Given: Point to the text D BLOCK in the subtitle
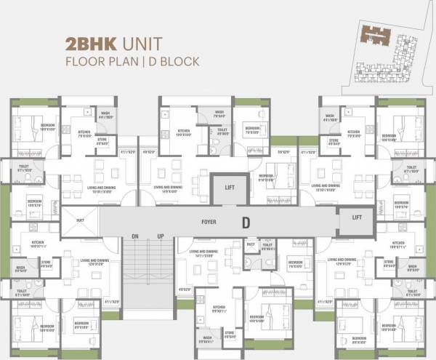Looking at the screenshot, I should [173, 62].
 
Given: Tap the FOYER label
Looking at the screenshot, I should [211, 220].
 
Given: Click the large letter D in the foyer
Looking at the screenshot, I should [246, 221].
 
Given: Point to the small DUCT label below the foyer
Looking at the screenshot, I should [251, 245].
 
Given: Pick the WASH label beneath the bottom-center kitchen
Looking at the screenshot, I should [207, 338].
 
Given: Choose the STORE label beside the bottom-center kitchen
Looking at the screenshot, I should [232, 334].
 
